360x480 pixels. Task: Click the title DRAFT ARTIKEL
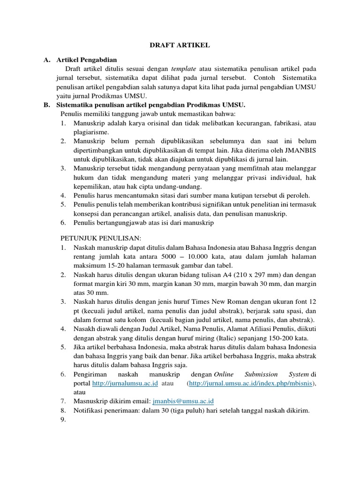pos(180,45)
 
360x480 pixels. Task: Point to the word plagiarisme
pos(90,132)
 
